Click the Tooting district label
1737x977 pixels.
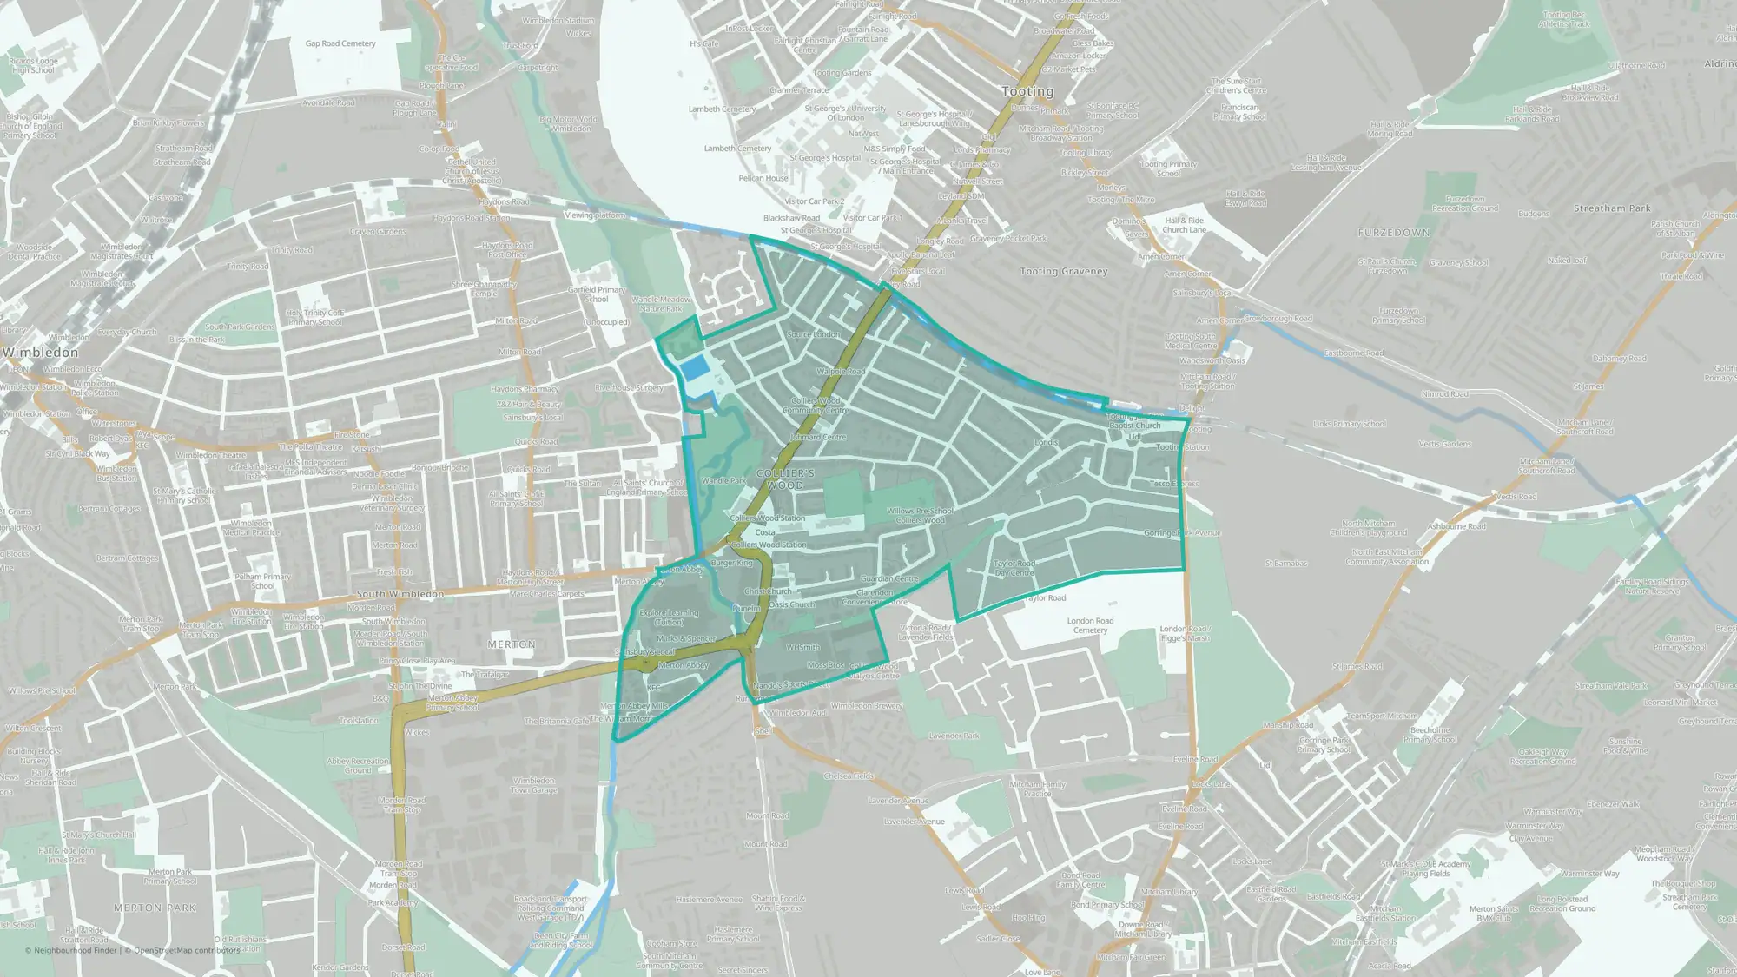(x=1027, y=91)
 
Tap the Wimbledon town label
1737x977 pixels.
(x=40, y=353)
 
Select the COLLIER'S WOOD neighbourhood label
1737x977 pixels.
(x=785, y=479)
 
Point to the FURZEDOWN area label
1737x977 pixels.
(x=1394, y=233)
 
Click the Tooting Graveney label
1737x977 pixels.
(x=1064, y=272)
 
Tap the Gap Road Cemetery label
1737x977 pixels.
(x=340, y=43)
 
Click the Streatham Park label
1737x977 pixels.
(x=1612, y=208)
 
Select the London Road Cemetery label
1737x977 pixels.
(x=1090, y=625)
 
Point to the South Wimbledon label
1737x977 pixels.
(x=400, y=594)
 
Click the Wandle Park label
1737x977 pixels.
(x=723, y=480)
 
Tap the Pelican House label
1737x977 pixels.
(x=763, y=178)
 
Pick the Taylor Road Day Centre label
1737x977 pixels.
(x=1014, y=568)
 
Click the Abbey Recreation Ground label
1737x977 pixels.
(x=358, y=765)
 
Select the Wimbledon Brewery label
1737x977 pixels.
(x=866, y=706)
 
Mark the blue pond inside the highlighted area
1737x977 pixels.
(x=694, y=368)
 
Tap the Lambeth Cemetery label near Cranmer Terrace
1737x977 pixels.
(x=722, y=109)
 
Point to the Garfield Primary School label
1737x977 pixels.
(x=596, y=294)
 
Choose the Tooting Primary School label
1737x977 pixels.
(x=1168, y=168)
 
